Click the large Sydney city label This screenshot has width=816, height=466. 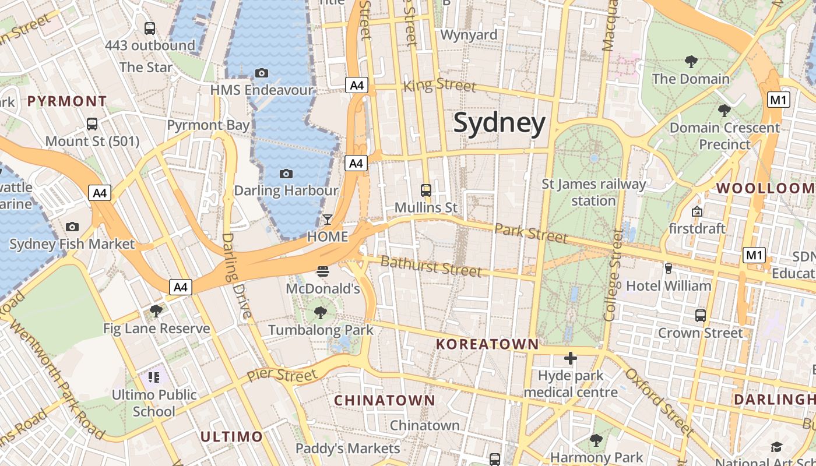tap(500, 123)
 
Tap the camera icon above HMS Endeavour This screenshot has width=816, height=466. tap(262, 73)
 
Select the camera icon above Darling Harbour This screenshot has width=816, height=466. tap(286, 174)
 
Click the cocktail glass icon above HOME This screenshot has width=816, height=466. tap(328, 220)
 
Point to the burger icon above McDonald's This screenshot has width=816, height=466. tap(322, 271)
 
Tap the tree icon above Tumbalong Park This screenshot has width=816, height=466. tap(320, 313)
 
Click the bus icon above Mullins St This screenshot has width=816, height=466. tap(426, 190)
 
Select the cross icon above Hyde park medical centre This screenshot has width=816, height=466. tap(571, 358)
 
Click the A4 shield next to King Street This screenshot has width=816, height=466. tap(357, 86)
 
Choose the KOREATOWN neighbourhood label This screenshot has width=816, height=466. tap(487, 344)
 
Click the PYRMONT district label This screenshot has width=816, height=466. tap(67, 101)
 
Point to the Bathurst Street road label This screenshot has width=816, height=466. tap(431, 266)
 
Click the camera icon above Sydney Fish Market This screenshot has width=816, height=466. tap(72, 227)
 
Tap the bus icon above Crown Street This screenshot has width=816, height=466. tap(701, 316)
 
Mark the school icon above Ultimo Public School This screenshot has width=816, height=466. tap(154, 377)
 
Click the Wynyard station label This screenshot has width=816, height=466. tap(469, 35)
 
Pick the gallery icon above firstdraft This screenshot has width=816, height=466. tap(697, 211)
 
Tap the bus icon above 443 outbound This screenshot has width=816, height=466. tap(150, 28)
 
